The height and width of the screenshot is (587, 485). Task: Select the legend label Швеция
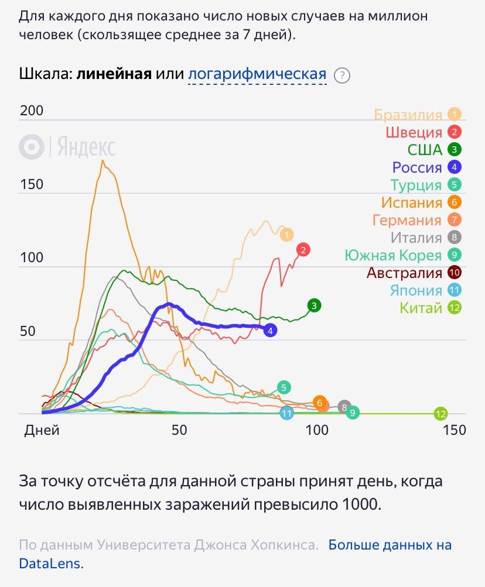click(414, 132)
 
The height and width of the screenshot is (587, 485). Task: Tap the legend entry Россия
click(416, 167)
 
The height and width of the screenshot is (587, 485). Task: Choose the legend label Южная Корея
click(393, 255)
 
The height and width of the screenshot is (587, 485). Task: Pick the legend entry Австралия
click(404, 273)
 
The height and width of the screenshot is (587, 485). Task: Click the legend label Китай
click(421, 308)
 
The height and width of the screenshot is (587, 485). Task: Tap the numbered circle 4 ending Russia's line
click(270, 331)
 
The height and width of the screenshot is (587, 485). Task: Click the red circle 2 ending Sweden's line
click(303, 250)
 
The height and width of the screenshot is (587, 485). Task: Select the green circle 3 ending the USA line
click(315, 305)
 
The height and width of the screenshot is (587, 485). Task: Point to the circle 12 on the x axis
click(440, 414)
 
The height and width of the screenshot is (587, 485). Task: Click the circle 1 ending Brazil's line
click(286, 235)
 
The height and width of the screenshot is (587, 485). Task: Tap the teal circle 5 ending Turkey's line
click(284, 387)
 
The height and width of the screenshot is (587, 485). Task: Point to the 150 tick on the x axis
click(454, 430)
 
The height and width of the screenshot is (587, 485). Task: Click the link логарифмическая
click(257, 74)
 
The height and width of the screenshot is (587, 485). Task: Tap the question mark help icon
click(341, 75)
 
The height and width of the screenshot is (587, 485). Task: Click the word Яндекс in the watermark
click(86, 147)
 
